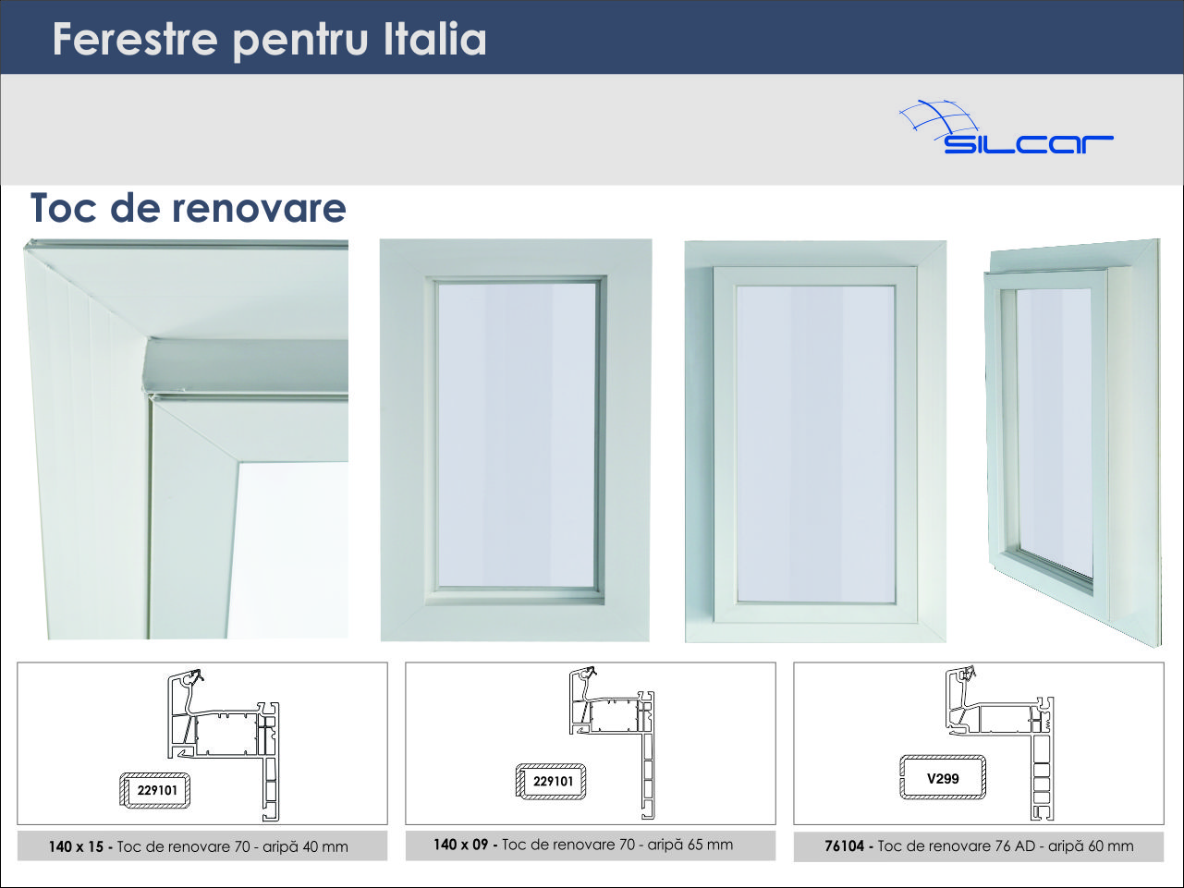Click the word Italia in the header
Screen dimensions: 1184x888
tap(434, 40)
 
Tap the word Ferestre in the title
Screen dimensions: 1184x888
tap(135, 40)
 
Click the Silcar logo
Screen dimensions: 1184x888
tap(1006, 127)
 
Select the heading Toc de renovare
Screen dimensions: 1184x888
tap(189, 208)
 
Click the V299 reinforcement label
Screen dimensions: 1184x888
tap(943, 779)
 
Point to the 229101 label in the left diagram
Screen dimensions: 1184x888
tap(157, 790)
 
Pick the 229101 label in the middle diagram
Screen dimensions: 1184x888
tap(553, 781)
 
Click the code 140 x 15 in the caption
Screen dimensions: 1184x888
tap(76, 847)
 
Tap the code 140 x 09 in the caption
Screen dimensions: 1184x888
tap(460, 845)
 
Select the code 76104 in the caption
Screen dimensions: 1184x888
tap(844, 846)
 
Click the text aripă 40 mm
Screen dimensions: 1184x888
tap(305, 847)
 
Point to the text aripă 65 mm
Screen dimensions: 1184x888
tap(690, 845)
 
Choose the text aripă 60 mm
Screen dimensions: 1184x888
tap(1091, 846)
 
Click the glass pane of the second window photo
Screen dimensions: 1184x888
tap(517, 435)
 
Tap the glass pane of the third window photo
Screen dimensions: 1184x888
tap(815, 444)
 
